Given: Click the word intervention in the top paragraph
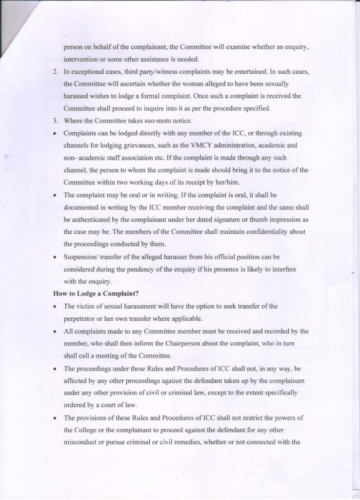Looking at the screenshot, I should point(81,59).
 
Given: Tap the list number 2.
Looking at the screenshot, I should point(56,72).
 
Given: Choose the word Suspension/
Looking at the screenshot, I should point(83,256).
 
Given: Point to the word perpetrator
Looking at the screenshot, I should point(81,319).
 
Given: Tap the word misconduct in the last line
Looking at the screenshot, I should point(83,443).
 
